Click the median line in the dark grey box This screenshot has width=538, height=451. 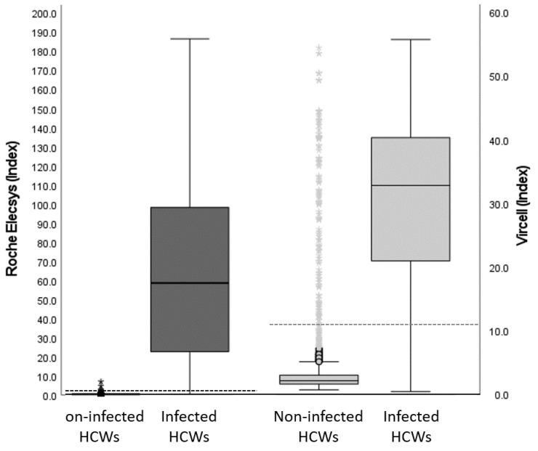[189, 283]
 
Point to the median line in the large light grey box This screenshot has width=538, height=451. [410, 185]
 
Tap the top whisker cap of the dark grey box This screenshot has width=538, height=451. [189, 38]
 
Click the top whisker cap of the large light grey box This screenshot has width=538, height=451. [410, 39]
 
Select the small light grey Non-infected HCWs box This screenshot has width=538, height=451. [318, 379]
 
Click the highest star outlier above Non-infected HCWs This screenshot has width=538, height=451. [318, 48]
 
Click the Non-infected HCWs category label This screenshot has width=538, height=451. [318, 426]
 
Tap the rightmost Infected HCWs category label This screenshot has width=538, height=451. [411, 426]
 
